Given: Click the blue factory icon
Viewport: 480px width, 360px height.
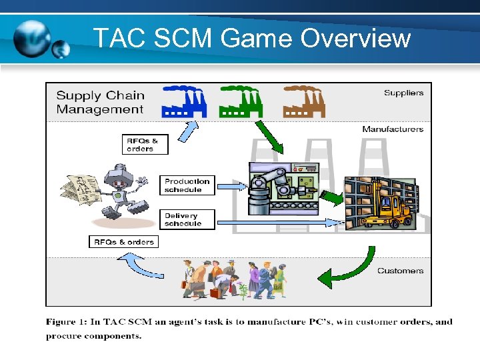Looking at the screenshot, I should point(185,101).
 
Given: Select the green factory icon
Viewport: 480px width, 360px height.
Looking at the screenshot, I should point(241,101).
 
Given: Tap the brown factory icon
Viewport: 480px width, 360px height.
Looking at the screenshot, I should point(303,101).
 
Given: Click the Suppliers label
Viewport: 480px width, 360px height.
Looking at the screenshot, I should point(403,93).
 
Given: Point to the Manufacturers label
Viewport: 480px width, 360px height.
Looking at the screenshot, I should point(393,129).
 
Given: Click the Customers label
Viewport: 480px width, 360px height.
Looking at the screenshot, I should point(400,271).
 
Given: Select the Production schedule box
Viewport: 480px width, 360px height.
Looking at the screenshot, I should point(187,185).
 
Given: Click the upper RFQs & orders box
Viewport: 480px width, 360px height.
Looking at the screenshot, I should point(145,145).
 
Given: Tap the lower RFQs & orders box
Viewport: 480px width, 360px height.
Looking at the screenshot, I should point(124,241).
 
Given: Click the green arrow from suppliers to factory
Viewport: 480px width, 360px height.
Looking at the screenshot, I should point(269,138).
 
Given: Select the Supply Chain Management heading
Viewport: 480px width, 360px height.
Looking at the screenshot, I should point(99,101).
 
